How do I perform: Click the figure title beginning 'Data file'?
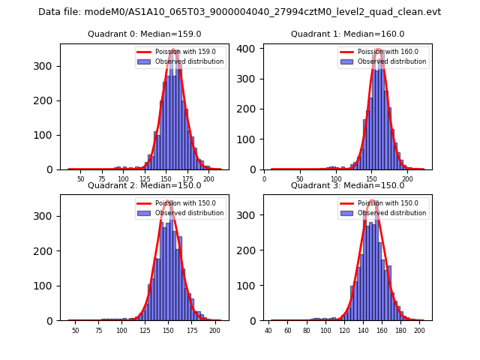[240, 12]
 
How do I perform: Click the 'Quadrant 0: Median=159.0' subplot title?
[144, 34]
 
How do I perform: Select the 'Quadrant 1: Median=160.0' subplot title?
[347, 34]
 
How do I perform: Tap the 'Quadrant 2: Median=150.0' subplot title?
[144, 185]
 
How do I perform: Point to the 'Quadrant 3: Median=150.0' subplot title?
[347, 185]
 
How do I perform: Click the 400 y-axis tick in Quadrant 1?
[253, 48]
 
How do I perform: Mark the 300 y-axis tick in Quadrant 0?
[49, 66]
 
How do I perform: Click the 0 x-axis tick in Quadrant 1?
[264, 179]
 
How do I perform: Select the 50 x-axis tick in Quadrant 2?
[75, 331]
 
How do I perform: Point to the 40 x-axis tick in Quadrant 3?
[268, 331]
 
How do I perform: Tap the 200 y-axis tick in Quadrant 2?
[49, 251]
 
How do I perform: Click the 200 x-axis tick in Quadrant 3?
[419, 331]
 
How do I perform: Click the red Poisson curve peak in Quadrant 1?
[379, 50]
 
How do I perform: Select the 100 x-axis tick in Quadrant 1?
[335, 179]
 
